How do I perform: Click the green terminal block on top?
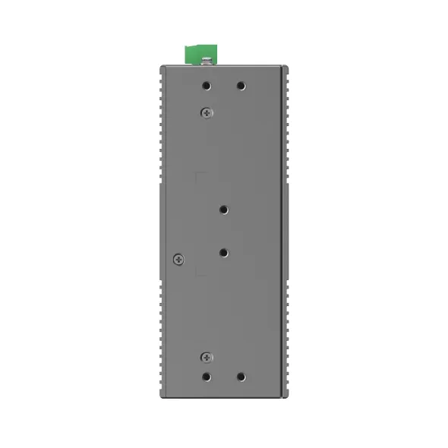pos(200,55)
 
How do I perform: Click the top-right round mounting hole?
pos(241,86)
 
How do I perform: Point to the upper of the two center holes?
pos(224,210)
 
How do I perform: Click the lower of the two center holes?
pos(224,251)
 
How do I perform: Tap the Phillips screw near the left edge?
pos(178,259)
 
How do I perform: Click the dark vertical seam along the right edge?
pos(282,228)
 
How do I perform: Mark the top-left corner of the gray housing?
pos(162,68)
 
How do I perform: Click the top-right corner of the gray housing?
pos(287,68)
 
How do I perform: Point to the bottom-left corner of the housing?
pos(162,396)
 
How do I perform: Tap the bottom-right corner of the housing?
pos(287,396)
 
